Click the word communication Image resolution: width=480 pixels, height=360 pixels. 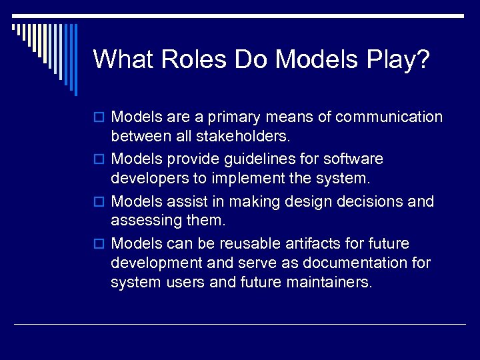click(389, 117)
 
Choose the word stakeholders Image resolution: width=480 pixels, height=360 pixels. click(238, 138)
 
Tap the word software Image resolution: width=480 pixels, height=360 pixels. click(353, 159)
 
